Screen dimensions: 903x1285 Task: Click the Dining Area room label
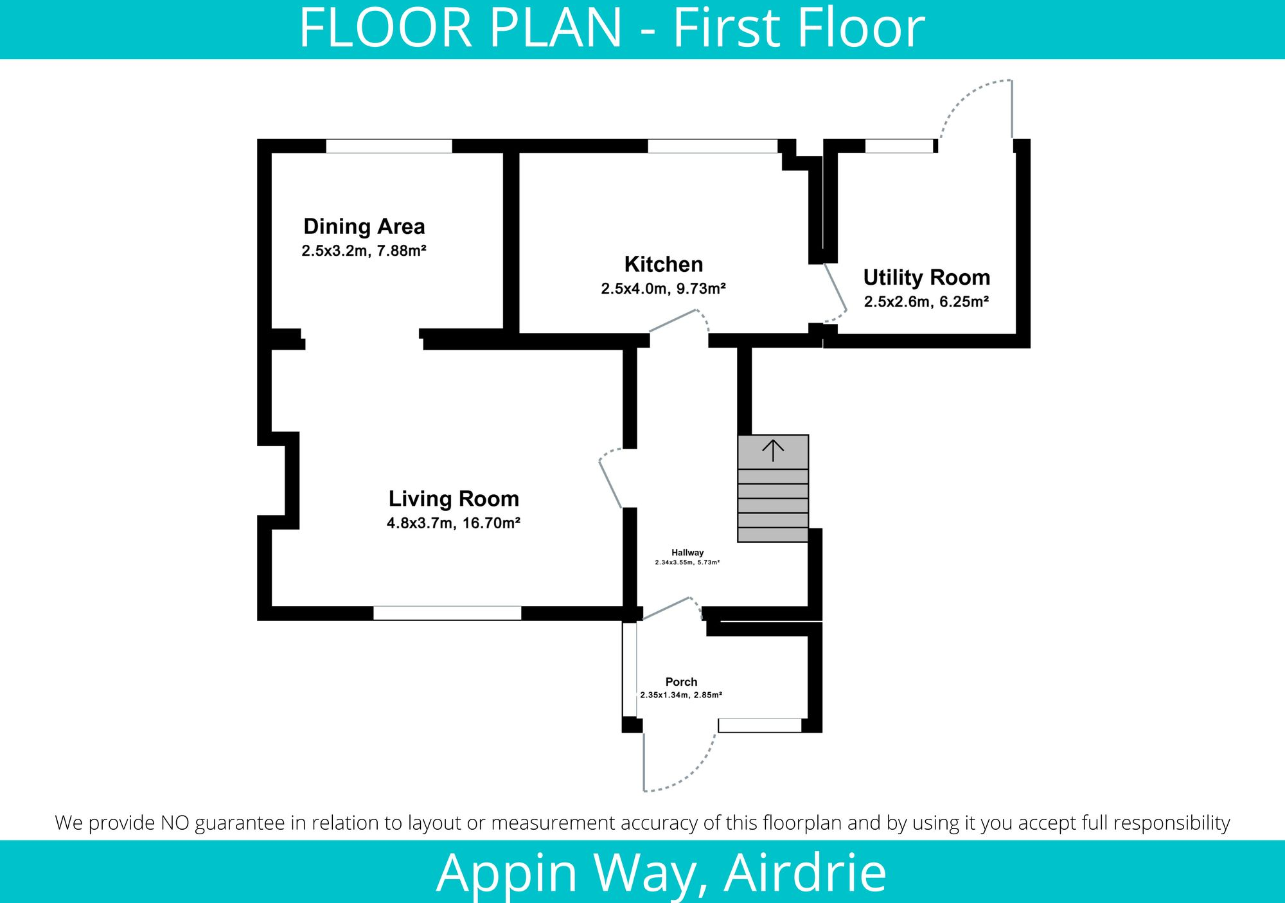[x=364, y=227]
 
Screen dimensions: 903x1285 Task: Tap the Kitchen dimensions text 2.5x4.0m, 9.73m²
[x=663, y=289]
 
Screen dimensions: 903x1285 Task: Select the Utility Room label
[x=926, y=278]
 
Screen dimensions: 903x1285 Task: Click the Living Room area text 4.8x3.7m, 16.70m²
[x=453, y=523]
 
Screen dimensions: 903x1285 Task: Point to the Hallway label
[x=687, y=553]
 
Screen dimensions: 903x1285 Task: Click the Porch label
[x=681, y=682]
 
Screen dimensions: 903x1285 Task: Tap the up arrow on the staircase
[x=772, y=451]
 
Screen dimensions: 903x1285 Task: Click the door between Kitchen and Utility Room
[x=835, y=295]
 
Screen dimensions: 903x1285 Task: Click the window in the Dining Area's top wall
[x=389, y=146]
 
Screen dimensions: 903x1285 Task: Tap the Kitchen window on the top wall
[x=712, y=146]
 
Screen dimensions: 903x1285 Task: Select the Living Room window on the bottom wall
[x=447, y=613]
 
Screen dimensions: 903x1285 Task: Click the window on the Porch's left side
[x=630, y=669]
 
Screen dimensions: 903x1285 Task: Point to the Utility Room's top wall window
[x=898, y=146]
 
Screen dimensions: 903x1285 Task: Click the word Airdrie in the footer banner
[x=805, y=872]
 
